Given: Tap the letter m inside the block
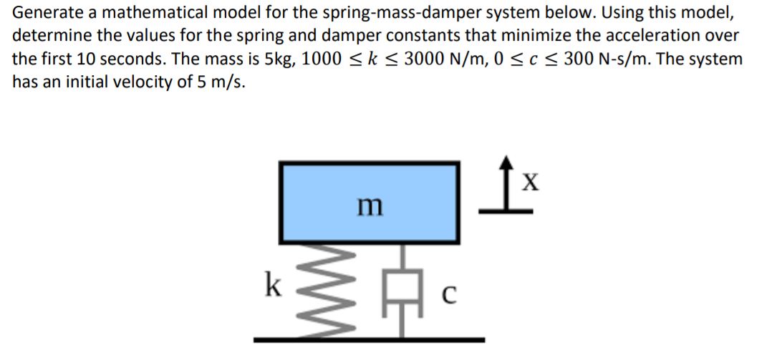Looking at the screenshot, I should [370, 205].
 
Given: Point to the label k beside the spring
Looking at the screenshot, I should [271, 285].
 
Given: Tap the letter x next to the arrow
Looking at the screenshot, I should [529, 183].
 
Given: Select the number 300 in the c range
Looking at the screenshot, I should [579, 59].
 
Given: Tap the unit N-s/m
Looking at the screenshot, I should [625, 59].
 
